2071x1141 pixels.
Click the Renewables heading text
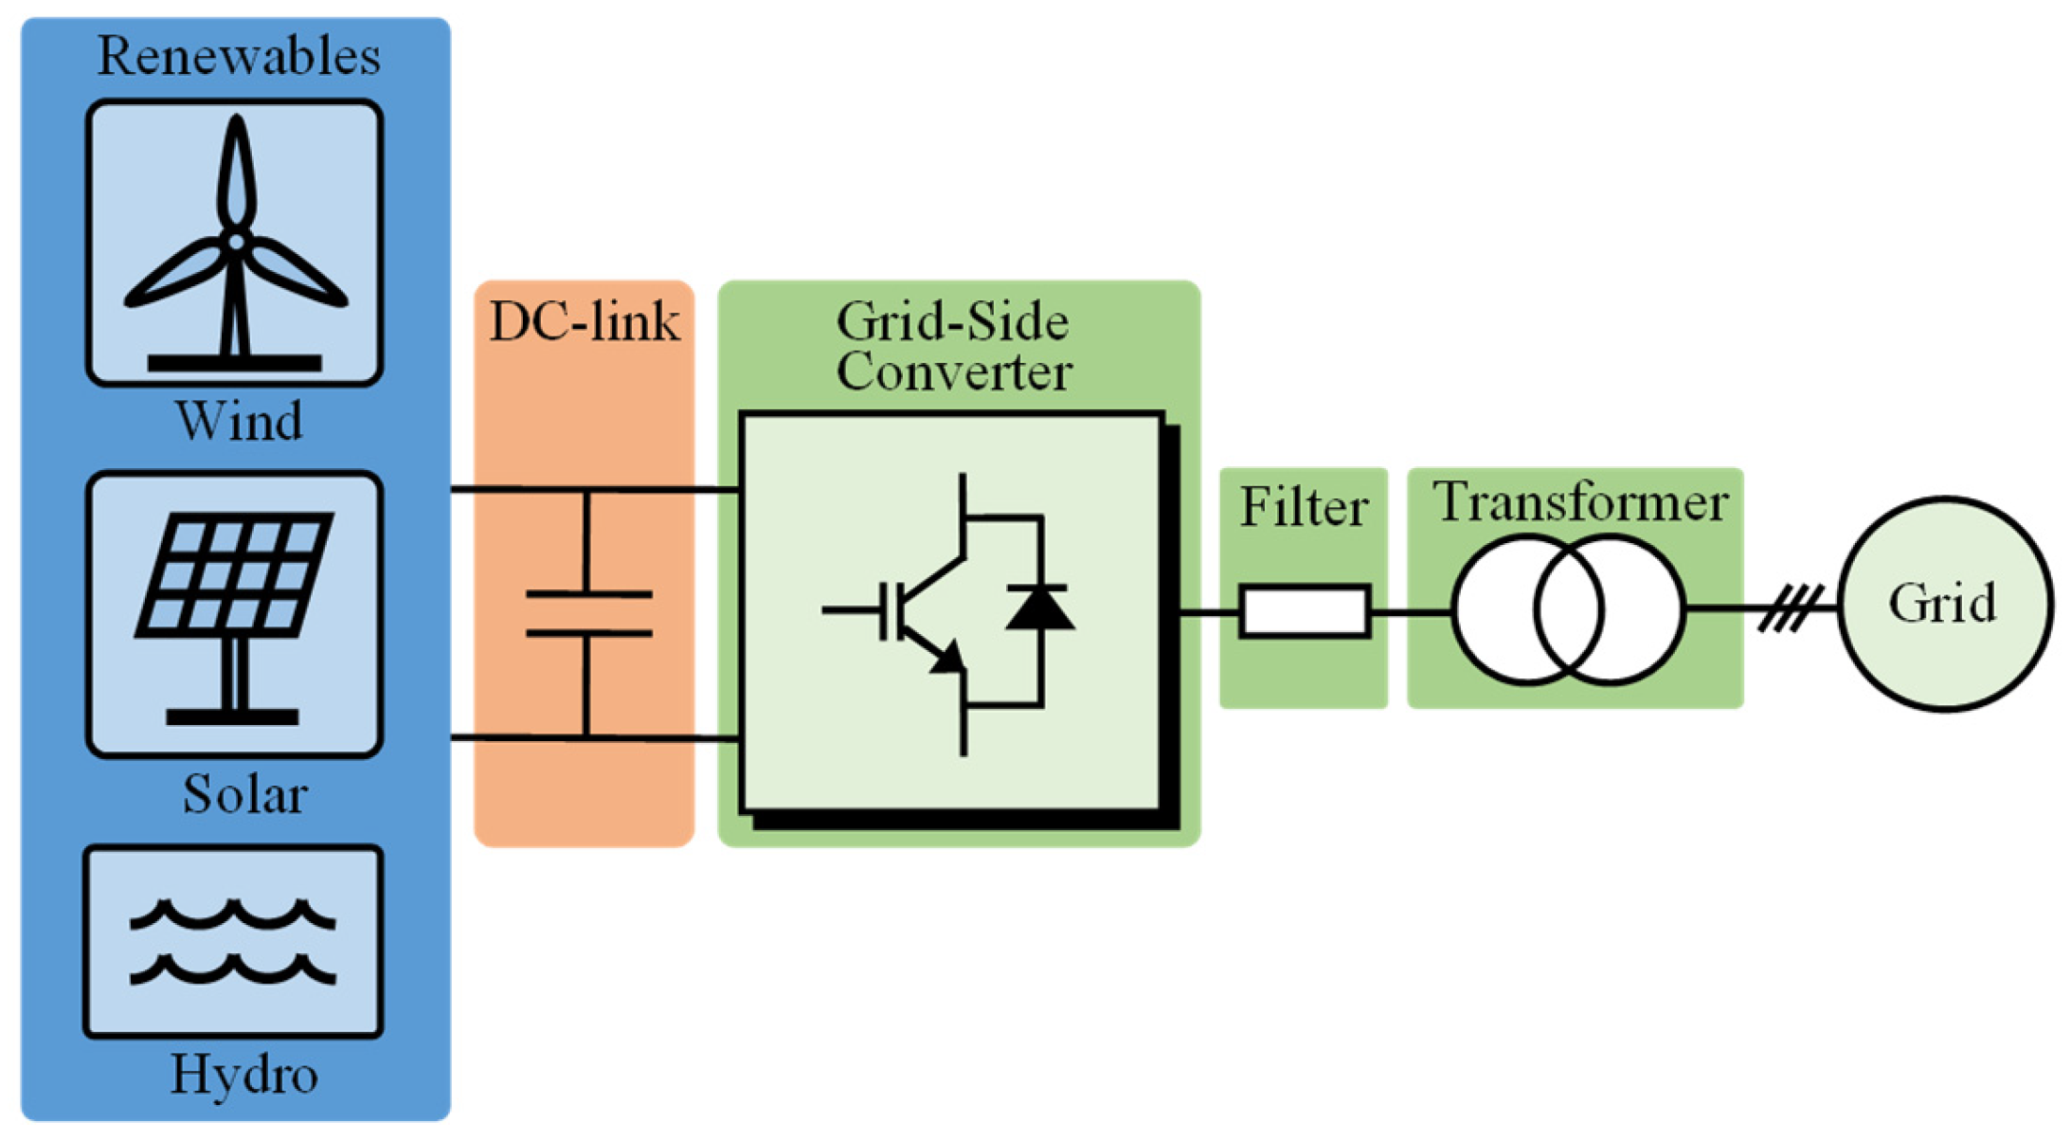(x=239, y=56)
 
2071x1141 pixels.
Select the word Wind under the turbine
(x=239, y=421)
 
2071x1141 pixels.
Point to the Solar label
(x=244, y=794)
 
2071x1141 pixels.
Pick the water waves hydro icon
(x=232, y=942)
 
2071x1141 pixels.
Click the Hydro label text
(x=243, y=1075)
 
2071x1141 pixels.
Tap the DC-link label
(x=584, y=322)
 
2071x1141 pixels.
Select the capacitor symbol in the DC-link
(x=588, y=614)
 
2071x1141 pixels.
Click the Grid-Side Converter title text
(x=953, y=347)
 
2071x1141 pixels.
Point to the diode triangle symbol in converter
(x=1039, y=608)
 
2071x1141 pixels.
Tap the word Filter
(x=1304, y=507)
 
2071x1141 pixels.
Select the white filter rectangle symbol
(x=1304, y=611)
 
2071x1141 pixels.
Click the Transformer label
(x=1579, y=502)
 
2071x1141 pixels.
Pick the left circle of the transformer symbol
(x=1497, y=609)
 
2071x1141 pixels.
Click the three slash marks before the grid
(x=1790, y=608)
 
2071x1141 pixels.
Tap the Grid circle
(x=1944, y=604)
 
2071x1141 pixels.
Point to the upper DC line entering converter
(x=663, y=489)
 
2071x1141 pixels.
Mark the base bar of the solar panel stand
(x=232, y=717)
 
